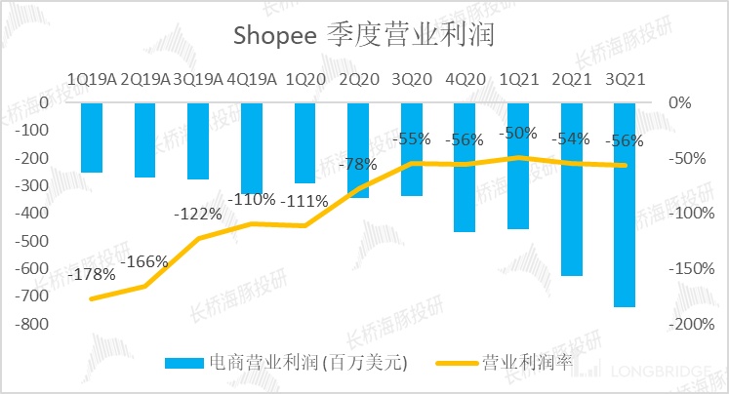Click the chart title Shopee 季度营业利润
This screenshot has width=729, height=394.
pos(364,36)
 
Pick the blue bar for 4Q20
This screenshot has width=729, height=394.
pos(465,167)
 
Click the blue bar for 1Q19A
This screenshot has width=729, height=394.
pos(92,138)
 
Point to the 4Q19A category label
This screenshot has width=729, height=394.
pos(253,78)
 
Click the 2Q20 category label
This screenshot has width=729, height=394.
pos(359,78)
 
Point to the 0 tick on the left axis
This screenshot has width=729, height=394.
pos(43,102)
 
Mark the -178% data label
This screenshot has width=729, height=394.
pos(94,276)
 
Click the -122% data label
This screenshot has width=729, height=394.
pos(199,214)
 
